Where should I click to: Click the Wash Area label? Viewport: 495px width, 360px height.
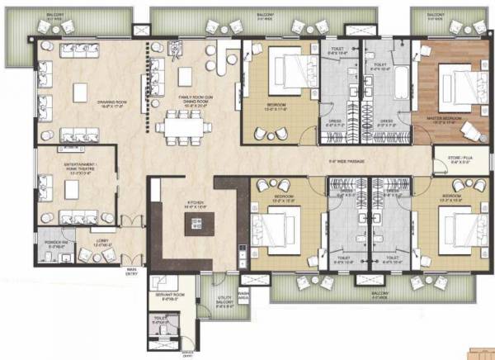[x=243, y=295]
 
